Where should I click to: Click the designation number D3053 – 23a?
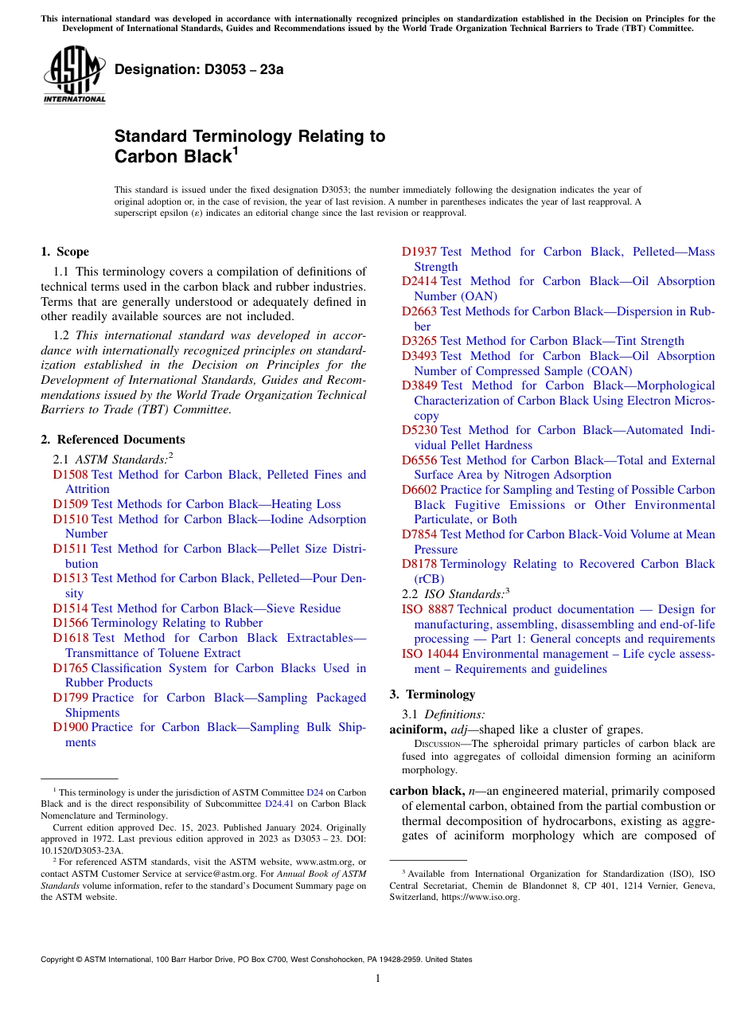point(199,70)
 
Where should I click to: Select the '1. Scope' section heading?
point(64,252)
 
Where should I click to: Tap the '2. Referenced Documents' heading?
point(113,440)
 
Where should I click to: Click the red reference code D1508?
point(71,475)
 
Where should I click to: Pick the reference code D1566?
point(71,623)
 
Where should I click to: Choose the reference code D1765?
point(71,668)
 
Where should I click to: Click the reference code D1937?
point(419,252)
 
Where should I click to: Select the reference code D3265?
point(419,341)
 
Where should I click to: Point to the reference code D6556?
point(419,460)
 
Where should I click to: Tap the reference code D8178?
point(419,564)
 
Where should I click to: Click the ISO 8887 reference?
point(428,609)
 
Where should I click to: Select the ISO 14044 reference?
point(431,654)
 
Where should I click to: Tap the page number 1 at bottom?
point(378,979)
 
